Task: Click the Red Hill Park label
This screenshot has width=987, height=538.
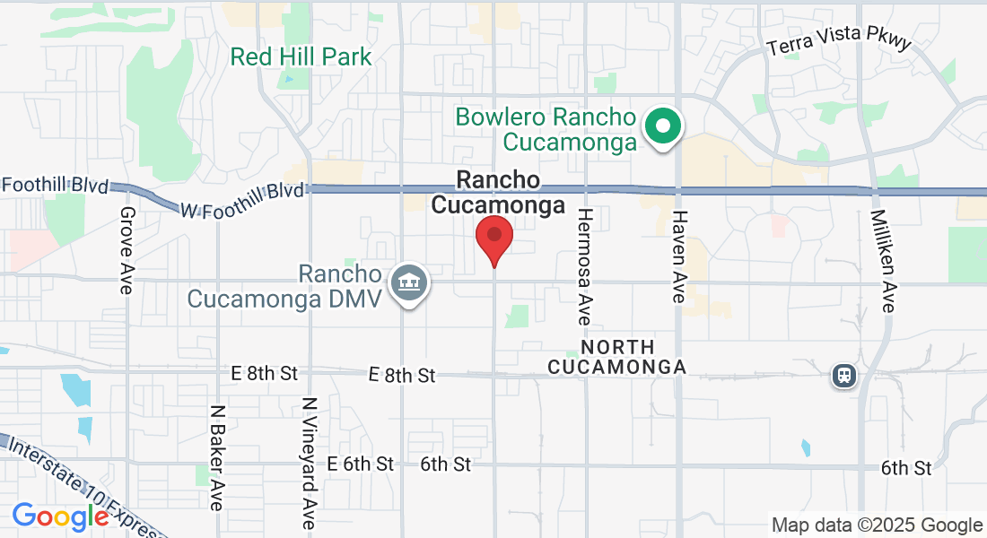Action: click(301, 57)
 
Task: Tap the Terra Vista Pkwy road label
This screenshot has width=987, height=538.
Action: click(839, 40)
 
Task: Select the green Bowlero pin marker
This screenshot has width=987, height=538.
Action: click(663, 126)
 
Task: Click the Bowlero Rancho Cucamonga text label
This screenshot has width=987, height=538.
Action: click(546, 129)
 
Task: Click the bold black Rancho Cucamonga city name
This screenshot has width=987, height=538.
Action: click(498, 193)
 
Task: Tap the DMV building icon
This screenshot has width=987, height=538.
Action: click(409, 284)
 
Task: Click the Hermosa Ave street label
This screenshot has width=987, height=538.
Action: click(585, 266)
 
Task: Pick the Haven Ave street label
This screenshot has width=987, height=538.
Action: click(679, 256)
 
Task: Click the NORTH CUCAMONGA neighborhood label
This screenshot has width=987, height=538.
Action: click(616, 357)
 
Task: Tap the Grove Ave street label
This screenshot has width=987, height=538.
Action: click(126, 250)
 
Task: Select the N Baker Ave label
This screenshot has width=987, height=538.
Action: click(217, 457)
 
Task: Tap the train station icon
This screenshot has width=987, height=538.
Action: click(843, 376)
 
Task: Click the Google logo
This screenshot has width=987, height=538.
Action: click(60, 516)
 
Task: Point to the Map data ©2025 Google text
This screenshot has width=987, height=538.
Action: click(878, 525)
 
